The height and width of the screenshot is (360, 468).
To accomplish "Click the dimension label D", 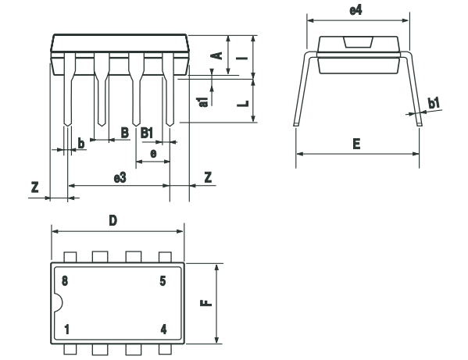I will click(x=113, y=221).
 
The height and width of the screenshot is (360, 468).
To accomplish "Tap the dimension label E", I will click(x=356, y=144).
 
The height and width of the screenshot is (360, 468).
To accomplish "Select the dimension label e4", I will click(x=356, y=10).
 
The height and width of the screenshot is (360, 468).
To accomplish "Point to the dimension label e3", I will click(x=120, y=178).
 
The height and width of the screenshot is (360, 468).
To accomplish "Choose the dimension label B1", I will click(x=146, y=133).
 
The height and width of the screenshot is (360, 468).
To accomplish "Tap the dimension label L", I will click(x=244, y=101).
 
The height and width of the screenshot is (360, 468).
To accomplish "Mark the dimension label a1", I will click(x=202, y=98).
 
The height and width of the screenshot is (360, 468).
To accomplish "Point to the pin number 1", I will click(x=67, y=329).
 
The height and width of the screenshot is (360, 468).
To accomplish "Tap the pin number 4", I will click(x=163, y=329).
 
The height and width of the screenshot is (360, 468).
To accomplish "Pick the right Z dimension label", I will click(x=207, y=178).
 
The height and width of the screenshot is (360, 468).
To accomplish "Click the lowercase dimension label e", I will click(x=153, y=154).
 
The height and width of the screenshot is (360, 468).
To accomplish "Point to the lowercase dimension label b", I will click(x=81, y=142).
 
